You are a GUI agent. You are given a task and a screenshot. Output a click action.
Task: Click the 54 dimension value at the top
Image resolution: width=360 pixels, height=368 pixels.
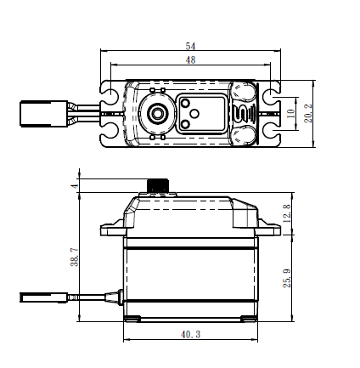pyautogui.click(x=190, y=46)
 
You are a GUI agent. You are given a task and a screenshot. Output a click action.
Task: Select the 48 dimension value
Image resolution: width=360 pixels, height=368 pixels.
pyautogui.click(x=190, y=59)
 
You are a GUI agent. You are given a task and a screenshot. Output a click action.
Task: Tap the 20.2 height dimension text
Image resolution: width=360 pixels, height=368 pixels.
pyautogui.click(x=308, y=113)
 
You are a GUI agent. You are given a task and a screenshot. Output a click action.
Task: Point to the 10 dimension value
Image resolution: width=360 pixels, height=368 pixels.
pyautogui.click(x=290, y=114)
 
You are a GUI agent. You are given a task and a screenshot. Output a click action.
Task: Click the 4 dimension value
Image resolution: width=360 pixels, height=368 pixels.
pyautogui.click(x=75, y=186)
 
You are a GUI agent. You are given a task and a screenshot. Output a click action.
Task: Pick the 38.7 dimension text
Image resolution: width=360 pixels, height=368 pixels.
pyautogui.click(x=75, y=257)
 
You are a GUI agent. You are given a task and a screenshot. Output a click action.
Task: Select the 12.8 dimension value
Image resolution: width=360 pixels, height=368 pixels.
pyautogui.click(x=286, y=213)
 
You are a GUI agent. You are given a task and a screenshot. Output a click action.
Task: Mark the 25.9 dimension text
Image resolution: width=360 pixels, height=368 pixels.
pyautogui.click(x=287, y=278)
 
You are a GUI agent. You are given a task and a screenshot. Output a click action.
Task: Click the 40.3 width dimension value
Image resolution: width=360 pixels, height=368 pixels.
pyautogui.click(x=190, y=335)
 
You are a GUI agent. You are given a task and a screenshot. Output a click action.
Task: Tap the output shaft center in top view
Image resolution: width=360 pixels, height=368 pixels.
pyautogui.click(x=156, y=113)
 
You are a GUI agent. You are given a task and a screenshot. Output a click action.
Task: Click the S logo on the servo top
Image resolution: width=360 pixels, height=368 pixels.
pyautogui.click(x=244, y=113)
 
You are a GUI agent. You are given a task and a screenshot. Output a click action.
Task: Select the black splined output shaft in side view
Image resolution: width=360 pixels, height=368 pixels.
pyautogui.click(x=158, y=185)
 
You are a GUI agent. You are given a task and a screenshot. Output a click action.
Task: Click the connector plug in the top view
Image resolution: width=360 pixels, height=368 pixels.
pyautogui.click(x=44, y=113)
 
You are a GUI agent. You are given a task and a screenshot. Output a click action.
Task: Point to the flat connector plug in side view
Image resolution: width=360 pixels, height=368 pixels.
pyautogui.click(x=44, y=297)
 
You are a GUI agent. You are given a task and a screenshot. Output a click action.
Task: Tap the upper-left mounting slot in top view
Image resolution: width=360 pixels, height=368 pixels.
pyautogui.click(x=110, y=93)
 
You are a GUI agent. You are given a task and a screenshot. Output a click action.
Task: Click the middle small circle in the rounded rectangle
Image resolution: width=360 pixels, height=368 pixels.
pyautogui.click(x=194, y=114)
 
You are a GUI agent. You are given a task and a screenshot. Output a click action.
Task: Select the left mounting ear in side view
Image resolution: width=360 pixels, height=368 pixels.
pyautogui.click(x=113, y=229)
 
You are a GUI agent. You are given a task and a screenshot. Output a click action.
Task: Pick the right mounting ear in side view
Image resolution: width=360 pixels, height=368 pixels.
pyautogui.click(x=269, y=229)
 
